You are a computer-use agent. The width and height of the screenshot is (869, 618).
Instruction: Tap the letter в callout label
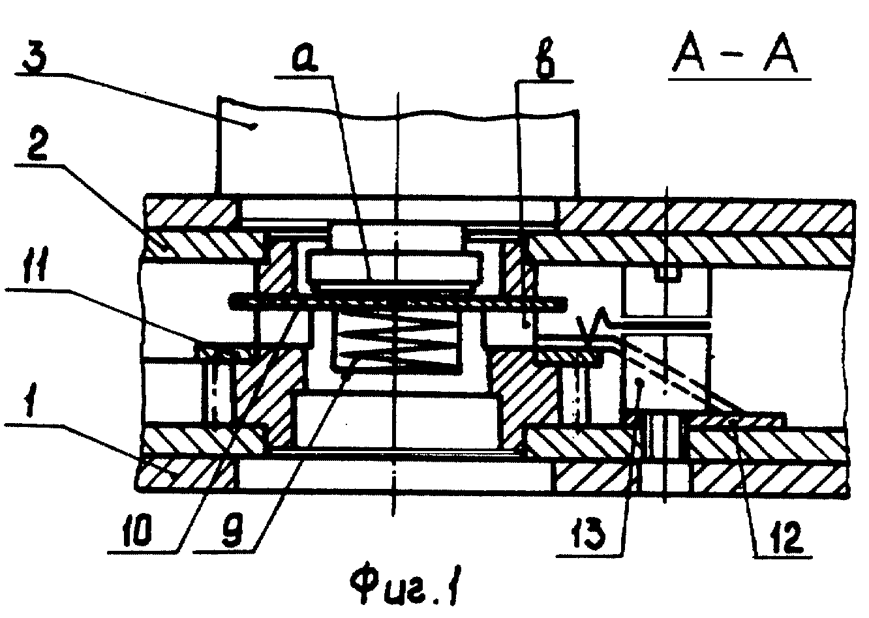click(545, 62)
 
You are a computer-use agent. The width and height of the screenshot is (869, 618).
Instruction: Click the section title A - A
click(735, 57)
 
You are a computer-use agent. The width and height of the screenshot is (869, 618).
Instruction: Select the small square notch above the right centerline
click(667, 272)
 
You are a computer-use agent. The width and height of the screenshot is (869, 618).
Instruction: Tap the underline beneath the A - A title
click(739, 80)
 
